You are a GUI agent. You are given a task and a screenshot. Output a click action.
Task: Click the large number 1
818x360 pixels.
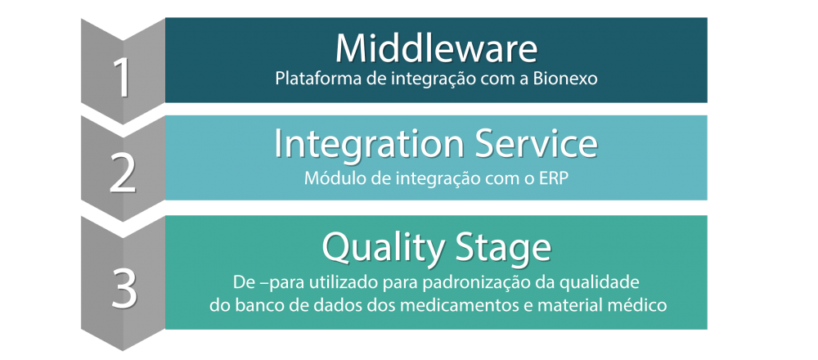tap(123, 79)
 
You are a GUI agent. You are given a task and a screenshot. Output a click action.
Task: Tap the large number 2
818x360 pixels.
tap(124, 175)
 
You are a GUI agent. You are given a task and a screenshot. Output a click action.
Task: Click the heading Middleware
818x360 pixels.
tap(436, 48)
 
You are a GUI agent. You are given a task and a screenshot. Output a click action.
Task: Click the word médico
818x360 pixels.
tap(644, 305)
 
